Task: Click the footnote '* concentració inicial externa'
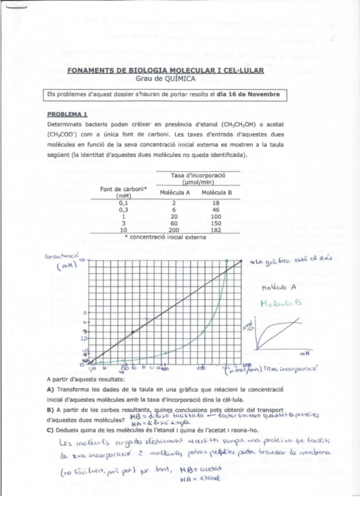165,237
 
